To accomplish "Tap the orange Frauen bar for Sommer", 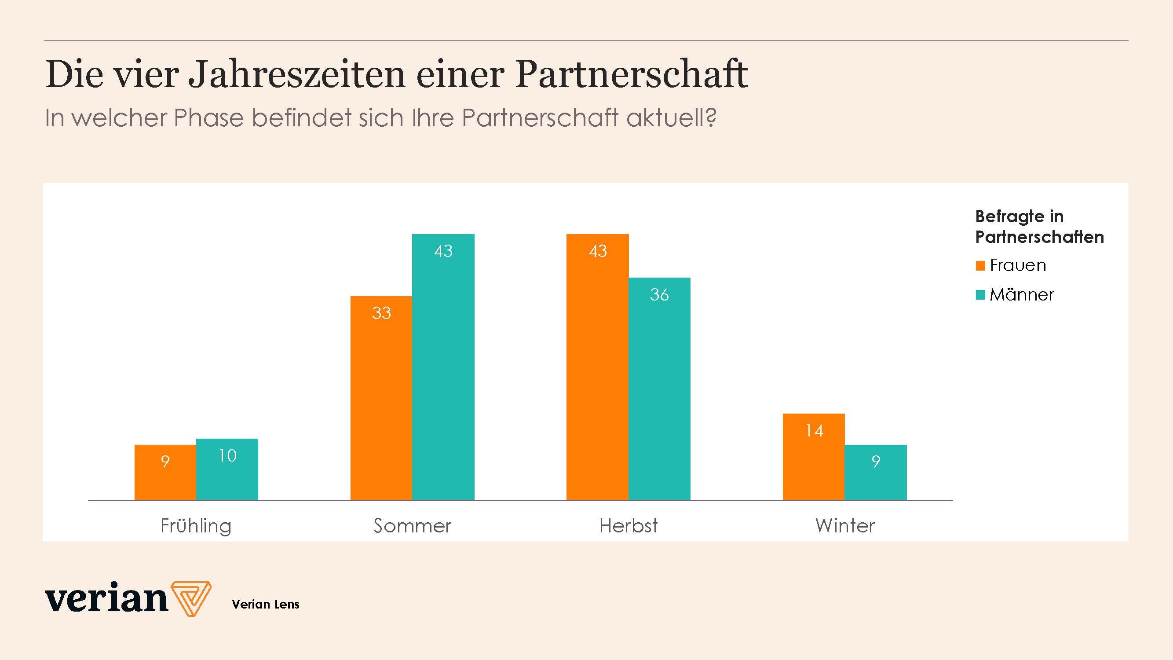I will (x=381, y=401).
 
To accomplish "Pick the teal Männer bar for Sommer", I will (x=443, y=369).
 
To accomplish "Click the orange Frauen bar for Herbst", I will (x=597, y=369).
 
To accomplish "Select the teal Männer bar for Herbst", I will (x=659, y=392).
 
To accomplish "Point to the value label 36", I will (x=659, y=295).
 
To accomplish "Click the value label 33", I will (x=381, y=313).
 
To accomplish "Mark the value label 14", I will (x=814, y=430).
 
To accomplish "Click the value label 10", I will (x=227, y=455).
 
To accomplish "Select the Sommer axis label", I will (x=412, y=526).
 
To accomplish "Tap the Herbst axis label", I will (x=629, y=526).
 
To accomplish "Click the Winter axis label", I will (x=845, y=526).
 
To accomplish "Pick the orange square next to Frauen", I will (x=980, y=266).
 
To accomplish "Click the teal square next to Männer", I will (x=980, y=295).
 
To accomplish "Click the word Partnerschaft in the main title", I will (x=632, y=74).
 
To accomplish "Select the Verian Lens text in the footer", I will (x=266, y=605).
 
